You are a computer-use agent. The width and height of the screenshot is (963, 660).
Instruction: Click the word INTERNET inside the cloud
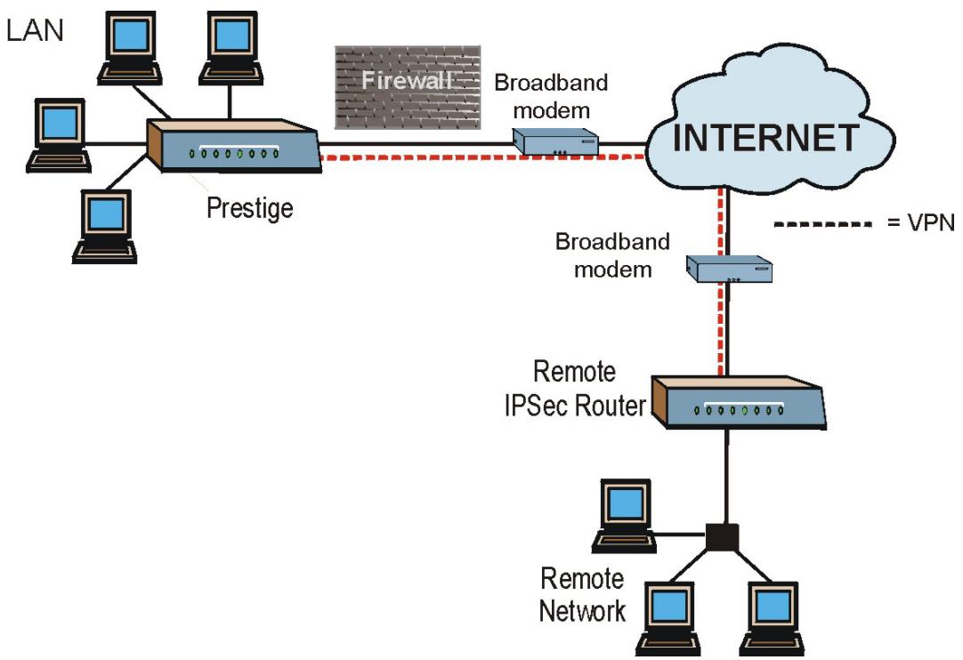[765, 138]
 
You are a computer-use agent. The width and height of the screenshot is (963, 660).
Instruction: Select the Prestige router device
[233, 148]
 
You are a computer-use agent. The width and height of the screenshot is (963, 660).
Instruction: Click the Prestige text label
[249, 209]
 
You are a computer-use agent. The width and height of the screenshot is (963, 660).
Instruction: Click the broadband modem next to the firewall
[554, 141]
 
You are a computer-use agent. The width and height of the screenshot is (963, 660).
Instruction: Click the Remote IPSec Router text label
[587, 388]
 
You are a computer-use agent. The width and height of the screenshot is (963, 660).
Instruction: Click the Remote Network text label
[582, 595]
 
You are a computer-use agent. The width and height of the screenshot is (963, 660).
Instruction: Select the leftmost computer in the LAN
[60, 133]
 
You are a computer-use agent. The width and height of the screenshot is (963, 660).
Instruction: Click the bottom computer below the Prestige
[106, 225]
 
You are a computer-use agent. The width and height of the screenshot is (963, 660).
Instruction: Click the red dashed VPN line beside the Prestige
[481, 159]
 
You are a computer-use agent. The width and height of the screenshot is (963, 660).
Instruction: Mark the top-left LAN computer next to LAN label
[130, 48]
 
